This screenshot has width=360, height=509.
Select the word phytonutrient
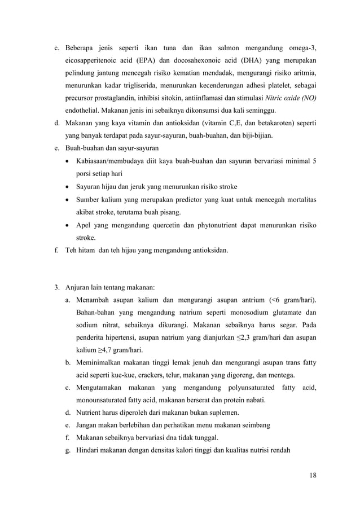pyautogui.click(x=221, y=225)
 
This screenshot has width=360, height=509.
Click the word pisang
pyautogui.click(x=170, y=213)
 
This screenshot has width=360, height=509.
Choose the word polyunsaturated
pyautogui.click(x=243, y=388)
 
